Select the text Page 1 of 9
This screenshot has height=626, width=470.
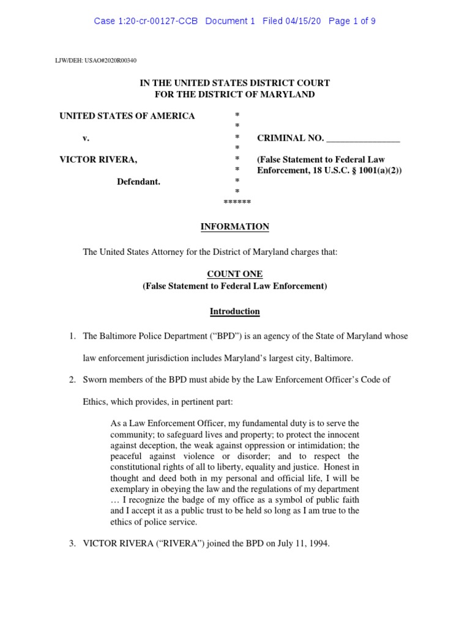352,21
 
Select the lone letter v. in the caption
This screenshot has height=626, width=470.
86,138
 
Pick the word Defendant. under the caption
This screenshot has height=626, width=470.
139,182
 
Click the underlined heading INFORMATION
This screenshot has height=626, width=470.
235,227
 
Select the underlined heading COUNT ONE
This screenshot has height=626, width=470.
235,274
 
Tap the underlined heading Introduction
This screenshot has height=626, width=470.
235,311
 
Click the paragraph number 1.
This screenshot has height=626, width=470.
72,336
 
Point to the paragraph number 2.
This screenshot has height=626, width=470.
72,380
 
